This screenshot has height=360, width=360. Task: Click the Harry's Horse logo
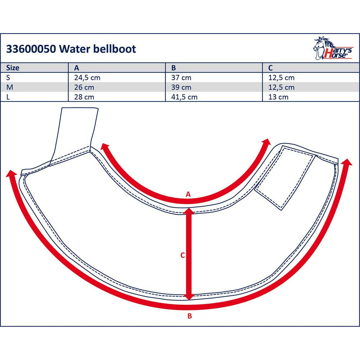333,48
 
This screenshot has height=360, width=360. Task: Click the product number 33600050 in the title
31,49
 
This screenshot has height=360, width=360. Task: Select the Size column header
13,68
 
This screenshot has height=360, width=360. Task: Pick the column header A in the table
76,68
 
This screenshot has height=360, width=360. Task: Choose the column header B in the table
174,68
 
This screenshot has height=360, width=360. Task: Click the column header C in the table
270,68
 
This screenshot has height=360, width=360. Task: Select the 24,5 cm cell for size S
87,78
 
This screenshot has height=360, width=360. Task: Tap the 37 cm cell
181,78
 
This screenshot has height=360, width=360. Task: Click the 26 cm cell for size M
84,87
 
